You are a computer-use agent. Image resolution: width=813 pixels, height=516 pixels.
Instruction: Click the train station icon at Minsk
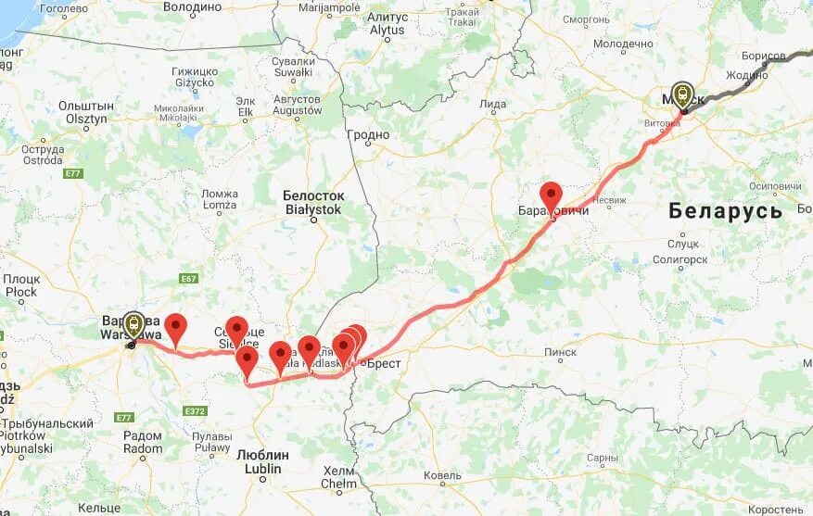(x=683, y=94)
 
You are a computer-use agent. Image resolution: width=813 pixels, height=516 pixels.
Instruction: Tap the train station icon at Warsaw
(x=134, y=323)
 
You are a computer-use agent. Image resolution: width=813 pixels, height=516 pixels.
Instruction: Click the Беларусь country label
(x=726, y=210)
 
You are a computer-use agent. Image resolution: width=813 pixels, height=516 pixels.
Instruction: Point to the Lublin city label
(x=263, y=461)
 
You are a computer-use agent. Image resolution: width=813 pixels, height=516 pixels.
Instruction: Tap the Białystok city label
(x=313, y=203)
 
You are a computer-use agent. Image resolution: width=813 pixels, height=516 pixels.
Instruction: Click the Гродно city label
(x=369, y=135)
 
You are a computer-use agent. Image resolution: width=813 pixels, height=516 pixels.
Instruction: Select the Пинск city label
(x=560, y=352)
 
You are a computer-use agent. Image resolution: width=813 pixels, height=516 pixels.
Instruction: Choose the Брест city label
(x=382, y=363)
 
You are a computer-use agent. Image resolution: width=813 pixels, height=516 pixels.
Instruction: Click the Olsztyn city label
(x=83, y=112)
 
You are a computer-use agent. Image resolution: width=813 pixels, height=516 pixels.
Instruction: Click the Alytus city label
(x=387, y=23)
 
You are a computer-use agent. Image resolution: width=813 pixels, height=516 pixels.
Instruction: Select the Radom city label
(x=142, y=442)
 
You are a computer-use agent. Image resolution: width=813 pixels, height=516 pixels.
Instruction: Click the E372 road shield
(x=195, y=411)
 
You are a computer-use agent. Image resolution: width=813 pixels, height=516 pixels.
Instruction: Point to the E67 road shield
(x=190, y=279)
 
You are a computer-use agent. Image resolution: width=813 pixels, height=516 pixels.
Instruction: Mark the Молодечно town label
(x=623, y=44)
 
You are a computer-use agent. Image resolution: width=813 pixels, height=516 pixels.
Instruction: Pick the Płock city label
(x=20, y=285)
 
